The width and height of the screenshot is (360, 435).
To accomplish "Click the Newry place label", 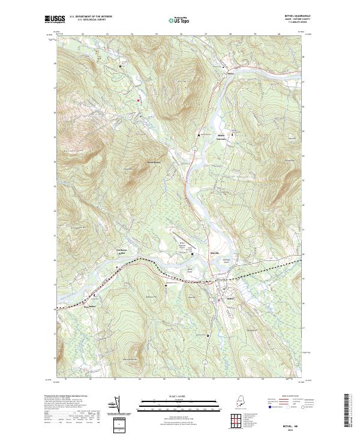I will click(x=229, y=75).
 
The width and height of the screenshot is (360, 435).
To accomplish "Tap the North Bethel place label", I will click(x=154, y=163).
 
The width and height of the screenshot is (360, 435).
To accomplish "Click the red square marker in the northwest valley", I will click(x=139, y=100).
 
